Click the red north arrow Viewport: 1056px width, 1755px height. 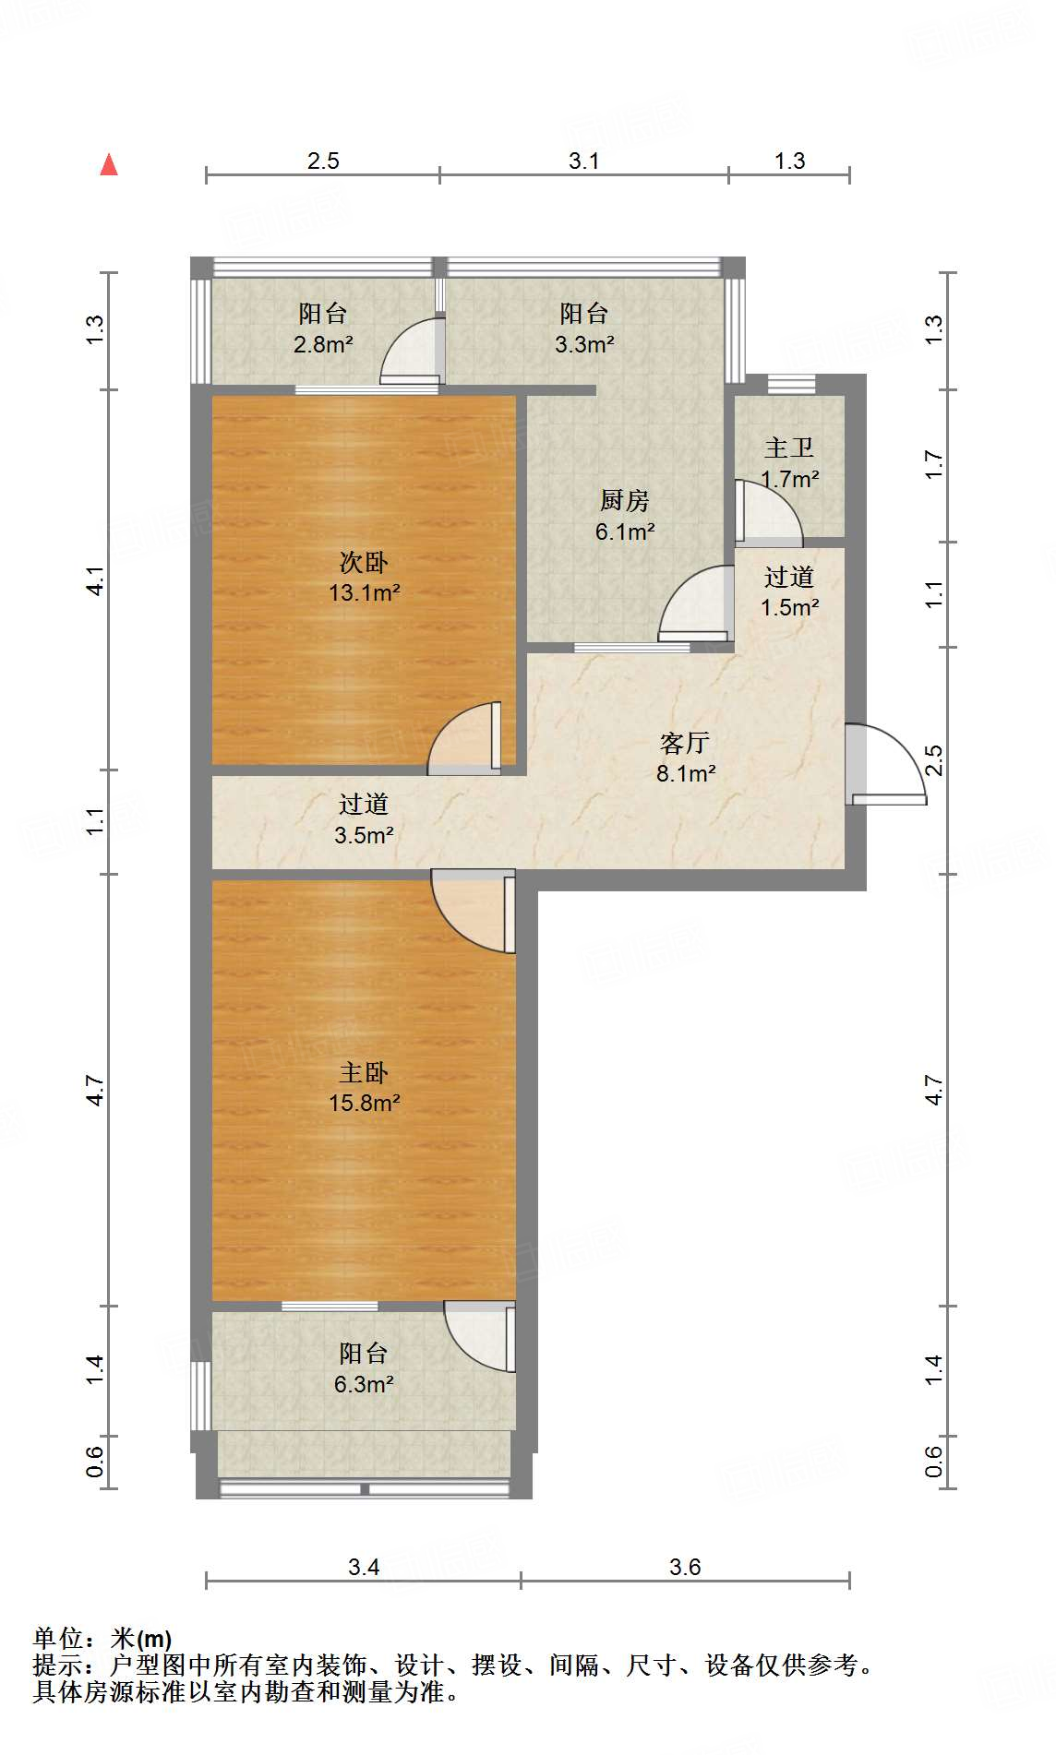click(109, 164)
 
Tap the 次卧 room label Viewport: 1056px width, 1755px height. click(364, 562)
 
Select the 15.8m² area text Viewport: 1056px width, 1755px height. click(365, 1103)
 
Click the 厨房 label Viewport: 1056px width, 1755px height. click(625, 500)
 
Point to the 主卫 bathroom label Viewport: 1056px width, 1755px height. click(789, 448)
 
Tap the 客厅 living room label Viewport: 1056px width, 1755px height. click(685, 743)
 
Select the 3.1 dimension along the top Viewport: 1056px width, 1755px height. click(583, 161)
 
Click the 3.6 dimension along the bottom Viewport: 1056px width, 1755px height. click(685, 1567)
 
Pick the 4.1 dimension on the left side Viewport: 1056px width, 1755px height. click(95, 580)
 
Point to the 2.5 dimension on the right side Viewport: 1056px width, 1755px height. click(934, 760)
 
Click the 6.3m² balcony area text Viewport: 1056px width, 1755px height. click(364, 1384)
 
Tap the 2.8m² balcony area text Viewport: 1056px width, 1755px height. click(323, 345)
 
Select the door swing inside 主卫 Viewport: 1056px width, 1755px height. click(769, 512)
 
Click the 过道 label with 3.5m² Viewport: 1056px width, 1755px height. click(364, 805)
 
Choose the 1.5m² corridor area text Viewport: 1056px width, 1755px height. click(790, 607)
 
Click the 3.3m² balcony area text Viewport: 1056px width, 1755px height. click(585, 345)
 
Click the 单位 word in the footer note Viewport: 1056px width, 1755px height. click(56, 1639)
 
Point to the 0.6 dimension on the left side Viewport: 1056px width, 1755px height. click(95, 1462)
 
